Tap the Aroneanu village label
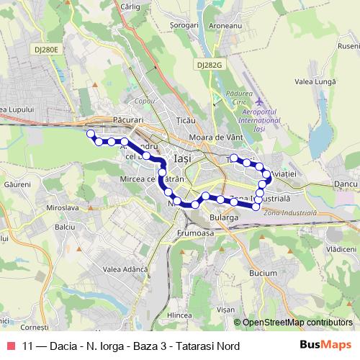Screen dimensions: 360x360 226,45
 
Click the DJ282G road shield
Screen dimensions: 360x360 209,64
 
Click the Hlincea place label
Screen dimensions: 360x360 179,315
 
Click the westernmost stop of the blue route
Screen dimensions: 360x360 90,134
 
